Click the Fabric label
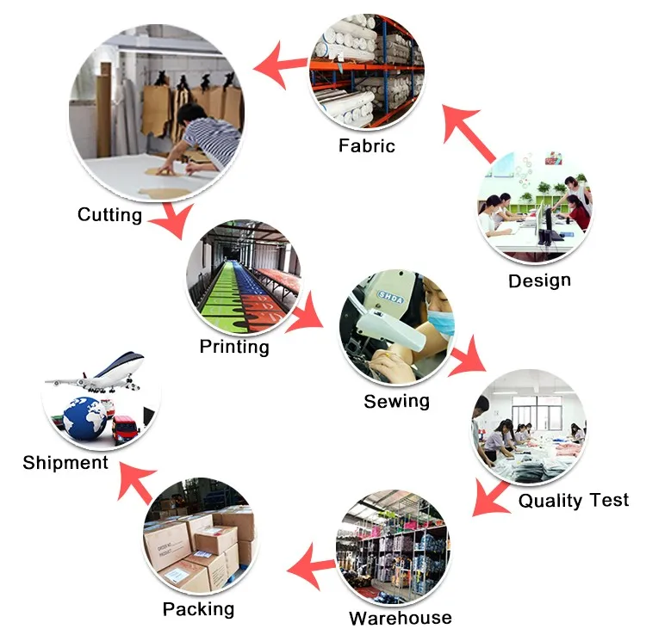point(367,145)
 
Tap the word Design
point(539,281)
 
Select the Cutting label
point(109,214)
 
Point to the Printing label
point(234,347)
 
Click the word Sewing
point(396,401)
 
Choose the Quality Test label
point(574,500)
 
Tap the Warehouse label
point(400,618)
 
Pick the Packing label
point(198,609)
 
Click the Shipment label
point(65,462)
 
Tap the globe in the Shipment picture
point(85,419)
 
